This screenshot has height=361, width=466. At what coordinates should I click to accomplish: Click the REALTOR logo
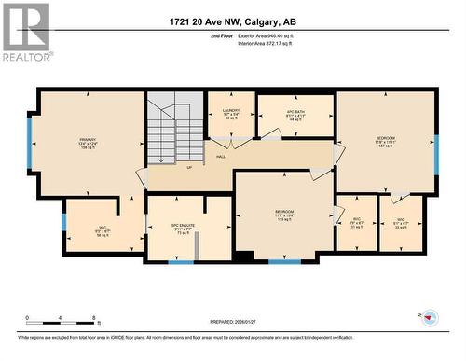tap(26, 32)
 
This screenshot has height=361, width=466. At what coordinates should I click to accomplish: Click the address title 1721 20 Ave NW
tap(233, 21)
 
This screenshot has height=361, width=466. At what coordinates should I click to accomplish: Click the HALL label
tap(221, 157)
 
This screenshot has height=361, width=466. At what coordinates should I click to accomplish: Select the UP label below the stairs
tap(190, 168)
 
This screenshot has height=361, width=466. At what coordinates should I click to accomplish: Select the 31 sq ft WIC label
tap(355, 225)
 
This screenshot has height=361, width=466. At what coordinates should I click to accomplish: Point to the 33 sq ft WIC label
tap(401, 225)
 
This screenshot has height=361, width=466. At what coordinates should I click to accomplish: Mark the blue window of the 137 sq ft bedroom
tap(435, 154)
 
